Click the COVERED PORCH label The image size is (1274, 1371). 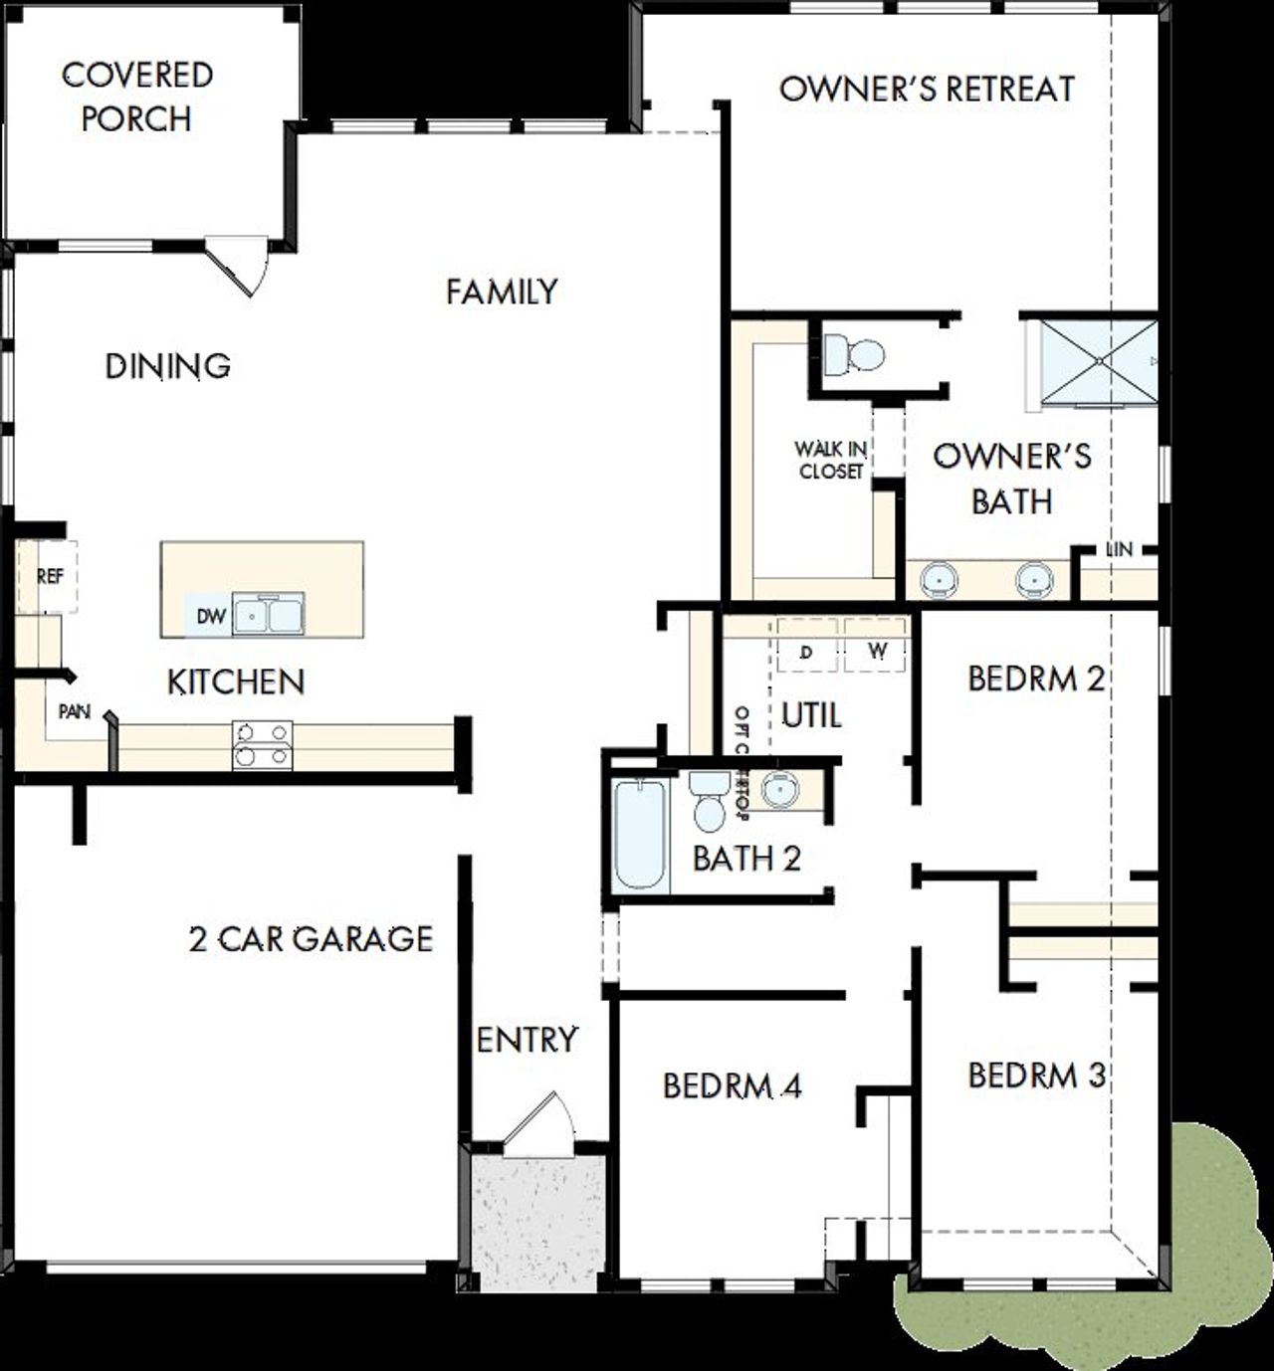point(137,97)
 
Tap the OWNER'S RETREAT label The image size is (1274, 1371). point(927,89)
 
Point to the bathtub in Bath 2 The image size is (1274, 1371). point(639,835)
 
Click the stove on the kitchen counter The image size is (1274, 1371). point(263,744)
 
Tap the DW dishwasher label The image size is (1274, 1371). point(211,617)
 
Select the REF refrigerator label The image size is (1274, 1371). point(50,576)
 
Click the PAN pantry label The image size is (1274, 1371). point(75,712)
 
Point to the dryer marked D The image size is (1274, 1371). point(806,652)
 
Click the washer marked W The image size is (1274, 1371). point(877,652)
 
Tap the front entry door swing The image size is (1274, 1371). point(538,1124)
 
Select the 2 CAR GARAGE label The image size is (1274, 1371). point(311,938)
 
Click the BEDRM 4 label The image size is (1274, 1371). point(732,1085)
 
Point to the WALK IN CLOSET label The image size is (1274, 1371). point(831,461)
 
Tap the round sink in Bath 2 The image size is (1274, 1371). point(780,789)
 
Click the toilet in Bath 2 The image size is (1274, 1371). point(709,802)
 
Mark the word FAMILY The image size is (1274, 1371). point(502,292)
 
